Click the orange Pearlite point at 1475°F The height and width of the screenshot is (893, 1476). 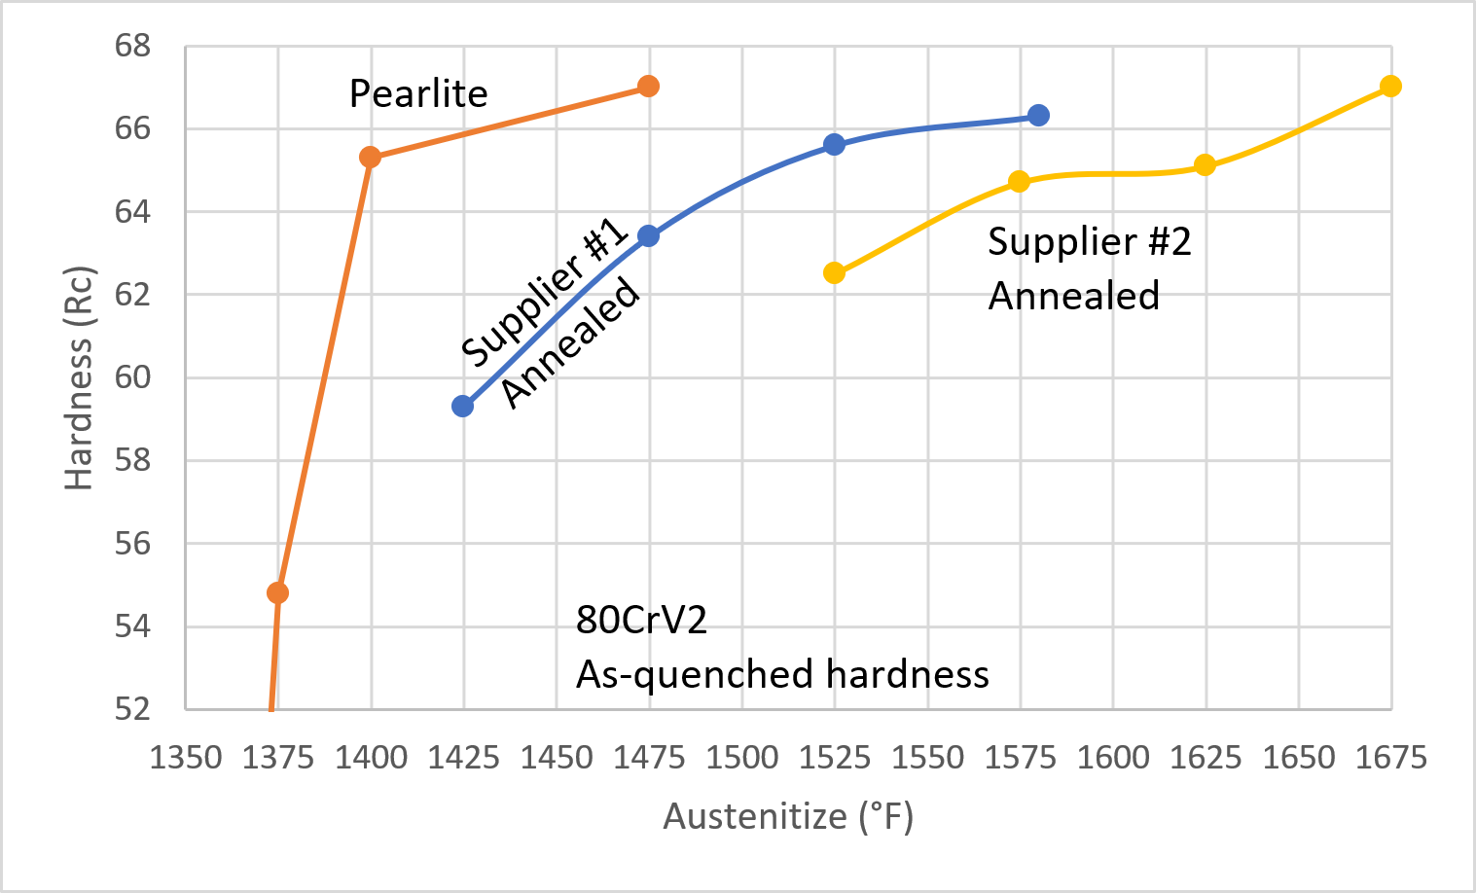pyautogui.click(x=648, y=87)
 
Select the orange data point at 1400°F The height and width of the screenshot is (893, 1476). pyautogui.click(x=370, y=157)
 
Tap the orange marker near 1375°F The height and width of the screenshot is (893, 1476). pyautogui.click(x=277, y=592)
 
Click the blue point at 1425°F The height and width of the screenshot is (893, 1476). pyautogui.click(x=462, y=406)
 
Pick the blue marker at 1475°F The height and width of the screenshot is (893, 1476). pyautogui.click(x=648, y=235)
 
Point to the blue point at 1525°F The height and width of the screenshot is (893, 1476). pyautogui.click(x=834, y=144)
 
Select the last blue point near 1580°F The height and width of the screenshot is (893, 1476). pyautogui.click(x=1038, y=115)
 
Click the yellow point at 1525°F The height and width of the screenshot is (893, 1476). pyautogui.click(x=834, y=272)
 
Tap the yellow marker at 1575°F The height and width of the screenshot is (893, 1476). pyautogui.click(x=1019, y=181)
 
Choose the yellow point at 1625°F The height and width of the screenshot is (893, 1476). pyautogui.click(x=1205, y=164)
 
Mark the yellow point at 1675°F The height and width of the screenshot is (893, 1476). pyautogui.click(x=1390, y=86)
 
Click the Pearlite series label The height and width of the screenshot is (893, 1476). pyautogui.click(x=418, y=94)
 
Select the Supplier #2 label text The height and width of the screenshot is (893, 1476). pyautogui.click(x=1089, y=242)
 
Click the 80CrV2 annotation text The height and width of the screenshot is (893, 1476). pyautogui.click(x=641, y=620)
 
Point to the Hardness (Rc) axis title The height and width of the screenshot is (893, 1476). pyautogui.click(x=79, y=377)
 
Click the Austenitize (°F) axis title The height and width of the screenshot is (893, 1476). pyautogui.click(x=788, y=816)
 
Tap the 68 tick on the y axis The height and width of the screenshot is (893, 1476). pyautogui.click(x=132, y=46)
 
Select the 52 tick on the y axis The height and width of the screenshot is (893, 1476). pyautogui.click(x=132, y=708)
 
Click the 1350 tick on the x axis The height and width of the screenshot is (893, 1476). pyautogui.click(x=185, y=757)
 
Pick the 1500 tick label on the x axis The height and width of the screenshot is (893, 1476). pyautogui.click(x=741, y=757)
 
